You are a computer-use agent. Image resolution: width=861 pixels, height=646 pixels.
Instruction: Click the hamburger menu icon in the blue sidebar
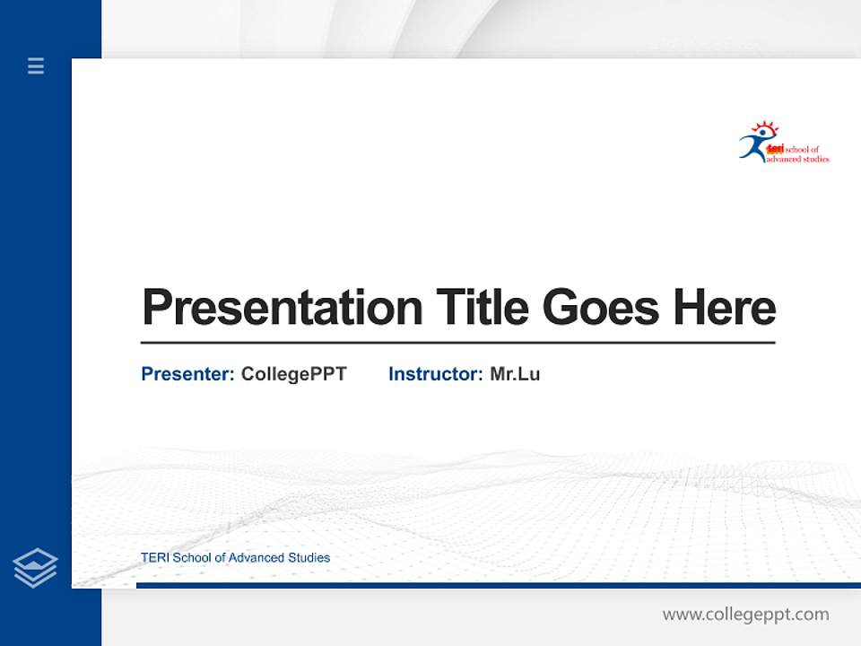click(x=36, y=65)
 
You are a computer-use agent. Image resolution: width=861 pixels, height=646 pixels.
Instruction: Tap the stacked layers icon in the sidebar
click(x=35, y=568)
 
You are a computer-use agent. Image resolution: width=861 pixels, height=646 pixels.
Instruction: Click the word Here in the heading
click(x=725, y=307)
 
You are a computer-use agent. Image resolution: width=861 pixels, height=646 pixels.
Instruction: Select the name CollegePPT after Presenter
click(x=293, y=374)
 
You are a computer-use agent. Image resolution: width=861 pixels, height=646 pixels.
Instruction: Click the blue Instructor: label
click(x=436, y=374)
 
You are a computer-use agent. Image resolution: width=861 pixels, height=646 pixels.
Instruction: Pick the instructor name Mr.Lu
click(x=515, y=374)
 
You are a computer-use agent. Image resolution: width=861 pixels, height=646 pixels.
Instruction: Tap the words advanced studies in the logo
click(x=797, y=159)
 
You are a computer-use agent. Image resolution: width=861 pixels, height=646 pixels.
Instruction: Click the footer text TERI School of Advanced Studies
click(x=235, y=558)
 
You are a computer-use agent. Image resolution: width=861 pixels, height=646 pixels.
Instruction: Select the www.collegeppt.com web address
click(x=745, y=615)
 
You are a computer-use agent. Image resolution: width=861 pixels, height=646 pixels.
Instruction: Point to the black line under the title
click(x=457, y=342)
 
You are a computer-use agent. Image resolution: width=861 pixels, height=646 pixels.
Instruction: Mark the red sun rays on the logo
click(x=765, y=127)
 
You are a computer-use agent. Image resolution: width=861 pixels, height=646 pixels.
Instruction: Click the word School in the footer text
click(x=191, y=558)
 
